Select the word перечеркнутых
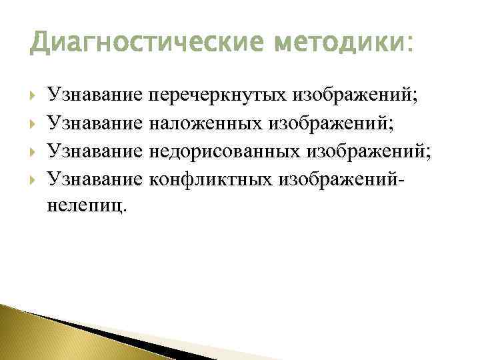[x=217, y=97]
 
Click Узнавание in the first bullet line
[x=95, y=97]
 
